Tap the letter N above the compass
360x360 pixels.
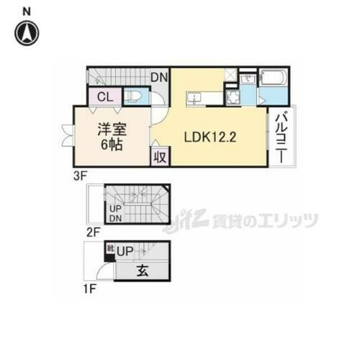(x=27, y=10)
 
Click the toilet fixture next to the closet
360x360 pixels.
(x=135, y=96)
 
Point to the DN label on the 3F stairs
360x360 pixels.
(x=158, y=76)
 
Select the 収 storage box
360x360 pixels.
(x=160, y=157)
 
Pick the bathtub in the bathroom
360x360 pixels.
(x=274, y=77)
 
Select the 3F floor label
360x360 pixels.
(x=81, y=175)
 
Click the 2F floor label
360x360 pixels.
(x=91, y=233)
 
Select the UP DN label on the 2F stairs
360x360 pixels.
(x=116, y=214)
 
